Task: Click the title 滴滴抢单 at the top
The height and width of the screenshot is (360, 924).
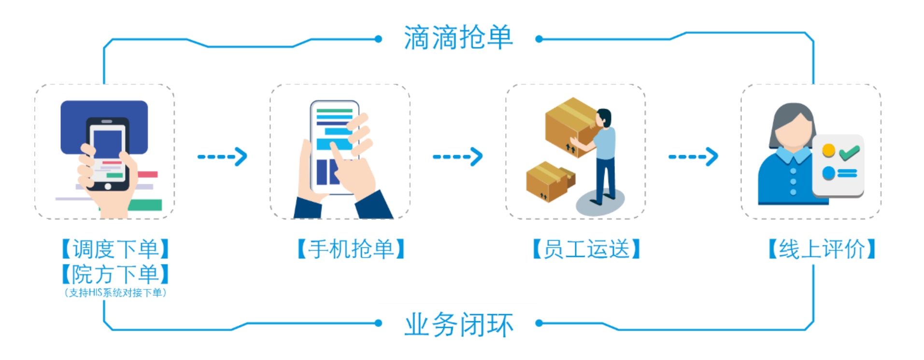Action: (458, 38)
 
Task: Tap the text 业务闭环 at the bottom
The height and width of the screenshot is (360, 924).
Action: (458, 324)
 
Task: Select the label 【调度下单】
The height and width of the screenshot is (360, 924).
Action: (115, 249)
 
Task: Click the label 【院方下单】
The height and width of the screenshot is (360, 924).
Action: (115, 274)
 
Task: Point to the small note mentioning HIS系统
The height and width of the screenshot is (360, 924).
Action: (115, 293)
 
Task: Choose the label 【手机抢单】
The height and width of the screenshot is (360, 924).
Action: (351, 249)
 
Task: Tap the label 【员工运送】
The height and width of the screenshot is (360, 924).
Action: (586, 249)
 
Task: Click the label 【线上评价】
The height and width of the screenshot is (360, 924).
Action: (822, 249)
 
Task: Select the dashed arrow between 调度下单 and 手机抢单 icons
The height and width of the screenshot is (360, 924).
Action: (222, 157)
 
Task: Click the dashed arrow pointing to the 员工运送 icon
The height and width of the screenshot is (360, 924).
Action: (457, 157)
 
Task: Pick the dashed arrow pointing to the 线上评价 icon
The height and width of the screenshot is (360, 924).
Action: (693, 157)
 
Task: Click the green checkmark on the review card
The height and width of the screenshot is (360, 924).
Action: (849, 153)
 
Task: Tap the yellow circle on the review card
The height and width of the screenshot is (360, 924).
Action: (829, 150)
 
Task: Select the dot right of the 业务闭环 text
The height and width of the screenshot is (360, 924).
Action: (539, 323)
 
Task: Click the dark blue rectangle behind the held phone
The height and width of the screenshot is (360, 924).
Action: (72, 126)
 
